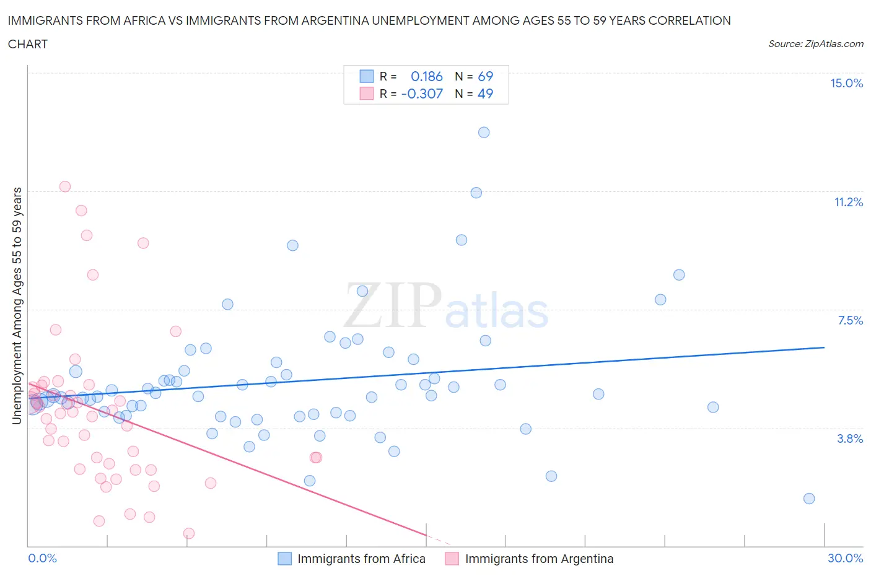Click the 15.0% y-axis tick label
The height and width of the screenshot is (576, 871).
[846, 84]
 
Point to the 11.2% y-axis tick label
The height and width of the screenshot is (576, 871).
[848, 203]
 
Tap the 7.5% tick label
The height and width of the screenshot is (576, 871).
[850, 321]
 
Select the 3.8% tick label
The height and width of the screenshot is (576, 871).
[850, 439]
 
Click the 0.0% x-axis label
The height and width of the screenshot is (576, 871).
[42, 559]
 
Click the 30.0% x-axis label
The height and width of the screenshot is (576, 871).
[845, 559]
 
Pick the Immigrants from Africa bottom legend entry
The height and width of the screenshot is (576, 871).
[361, 559]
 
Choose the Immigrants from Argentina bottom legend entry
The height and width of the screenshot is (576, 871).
[538, 559]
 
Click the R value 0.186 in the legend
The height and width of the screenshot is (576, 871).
[427, 77]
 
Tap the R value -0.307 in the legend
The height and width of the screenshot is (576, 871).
[422, 94]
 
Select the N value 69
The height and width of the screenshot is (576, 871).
[485, 77]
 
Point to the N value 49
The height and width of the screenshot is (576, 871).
[485, 94]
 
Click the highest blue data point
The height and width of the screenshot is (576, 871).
[484, 133]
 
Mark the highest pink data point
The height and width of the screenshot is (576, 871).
[65, 186]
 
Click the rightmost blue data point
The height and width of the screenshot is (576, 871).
[809, 499]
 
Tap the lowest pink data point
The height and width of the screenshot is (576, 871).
[189, 533]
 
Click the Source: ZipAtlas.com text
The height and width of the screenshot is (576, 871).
[815, 44]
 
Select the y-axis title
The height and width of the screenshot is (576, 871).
[17, 306]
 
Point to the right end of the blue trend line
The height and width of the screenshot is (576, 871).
[824, 347]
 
